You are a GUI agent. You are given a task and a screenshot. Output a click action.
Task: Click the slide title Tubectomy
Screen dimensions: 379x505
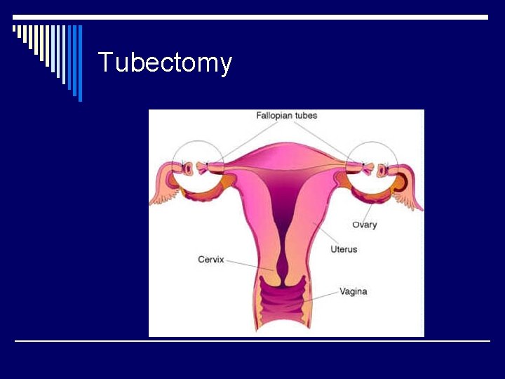coord(165,62)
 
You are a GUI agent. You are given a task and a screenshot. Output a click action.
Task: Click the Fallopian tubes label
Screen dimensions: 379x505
coord(286,116)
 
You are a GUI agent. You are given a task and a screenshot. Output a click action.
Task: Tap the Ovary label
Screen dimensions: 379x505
coord(364,225)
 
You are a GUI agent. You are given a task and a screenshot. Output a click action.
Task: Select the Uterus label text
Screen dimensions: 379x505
coord(344,249)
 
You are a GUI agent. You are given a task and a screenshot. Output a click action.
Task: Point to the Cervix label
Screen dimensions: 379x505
coord(210,260)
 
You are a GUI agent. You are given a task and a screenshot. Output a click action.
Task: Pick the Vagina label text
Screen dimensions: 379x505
coord(353,291)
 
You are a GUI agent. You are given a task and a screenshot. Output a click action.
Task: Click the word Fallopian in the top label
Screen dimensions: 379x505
coord(274,116)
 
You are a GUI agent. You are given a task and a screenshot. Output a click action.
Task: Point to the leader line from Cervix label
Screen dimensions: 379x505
coord(249,264)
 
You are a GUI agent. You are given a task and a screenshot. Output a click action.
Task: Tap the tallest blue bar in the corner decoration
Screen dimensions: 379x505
coord(80,63)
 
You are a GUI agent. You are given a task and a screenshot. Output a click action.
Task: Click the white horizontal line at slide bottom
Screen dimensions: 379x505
coord(252,341)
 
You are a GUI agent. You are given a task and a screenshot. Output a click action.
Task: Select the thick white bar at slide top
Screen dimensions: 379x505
coord(252,17)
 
